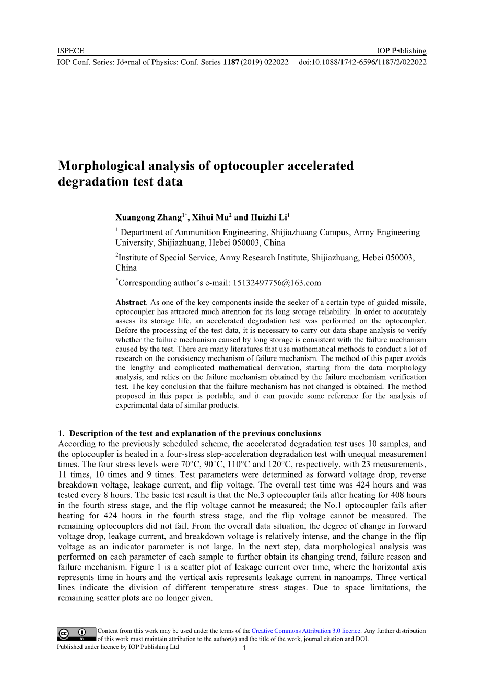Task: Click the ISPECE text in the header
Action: coord(70,51)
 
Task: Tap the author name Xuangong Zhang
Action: coord(148,217)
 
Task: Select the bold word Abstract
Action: coord(131,302)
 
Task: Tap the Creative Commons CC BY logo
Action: coord(76,634)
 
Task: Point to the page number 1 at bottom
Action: coord(244,648)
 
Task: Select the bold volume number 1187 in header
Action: coord(231,62)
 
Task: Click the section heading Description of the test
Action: coord(195,433)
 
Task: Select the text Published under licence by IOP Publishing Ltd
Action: coord(117,647)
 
